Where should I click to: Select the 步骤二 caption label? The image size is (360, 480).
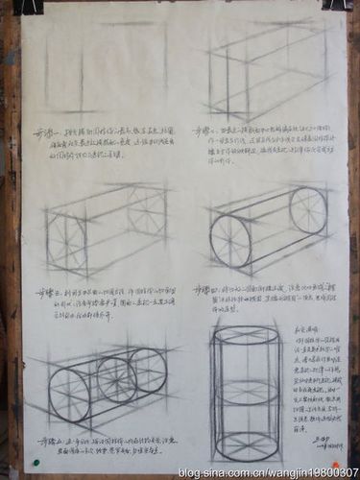tap(203, 130)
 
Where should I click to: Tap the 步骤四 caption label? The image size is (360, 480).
tap(205, 288)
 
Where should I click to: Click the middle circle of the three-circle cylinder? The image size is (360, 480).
tap(116, 380)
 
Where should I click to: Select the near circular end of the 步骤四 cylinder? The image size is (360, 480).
tap(230, 241)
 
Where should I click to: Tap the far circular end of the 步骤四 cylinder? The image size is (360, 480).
tap(307, 211)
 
